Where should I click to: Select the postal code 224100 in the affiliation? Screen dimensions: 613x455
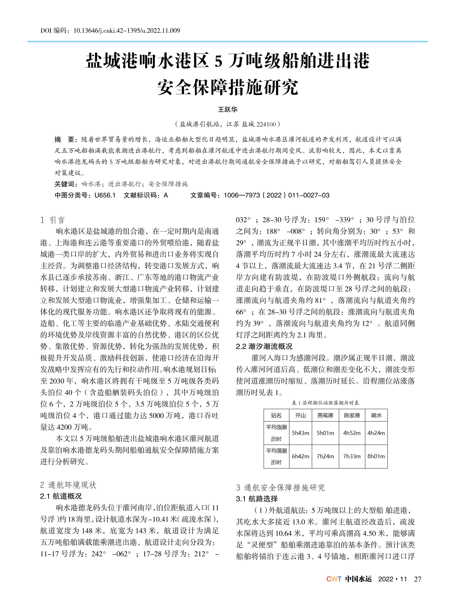(x=266, y=124)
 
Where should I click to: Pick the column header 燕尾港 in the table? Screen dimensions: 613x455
(x=325, y=415)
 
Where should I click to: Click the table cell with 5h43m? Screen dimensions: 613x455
(x=301, y=433)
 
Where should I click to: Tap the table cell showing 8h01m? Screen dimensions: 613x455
(x=376, y=456)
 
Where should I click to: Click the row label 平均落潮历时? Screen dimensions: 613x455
(x=276, y=456)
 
